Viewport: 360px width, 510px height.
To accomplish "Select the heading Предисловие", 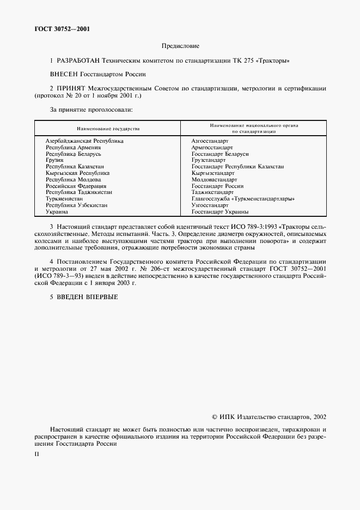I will tap(180, 47).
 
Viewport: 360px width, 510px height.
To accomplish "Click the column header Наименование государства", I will tap(108, 129).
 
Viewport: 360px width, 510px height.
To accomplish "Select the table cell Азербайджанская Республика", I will tap(84, 141).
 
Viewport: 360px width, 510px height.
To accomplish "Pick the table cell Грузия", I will tap(54, 160).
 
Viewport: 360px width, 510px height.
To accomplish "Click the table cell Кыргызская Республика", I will tap(77, 173).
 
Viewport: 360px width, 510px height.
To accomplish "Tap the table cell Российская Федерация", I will tap(76, 186).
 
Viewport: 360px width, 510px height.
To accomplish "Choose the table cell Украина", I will tap(57, 211).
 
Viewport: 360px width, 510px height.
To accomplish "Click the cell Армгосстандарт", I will tap(212, 147).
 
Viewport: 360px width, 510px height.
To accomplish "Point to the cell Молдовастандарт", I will tap(214, 179).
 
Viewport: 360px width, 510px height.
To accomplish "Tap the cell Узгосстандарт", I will tap(210, 205).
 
